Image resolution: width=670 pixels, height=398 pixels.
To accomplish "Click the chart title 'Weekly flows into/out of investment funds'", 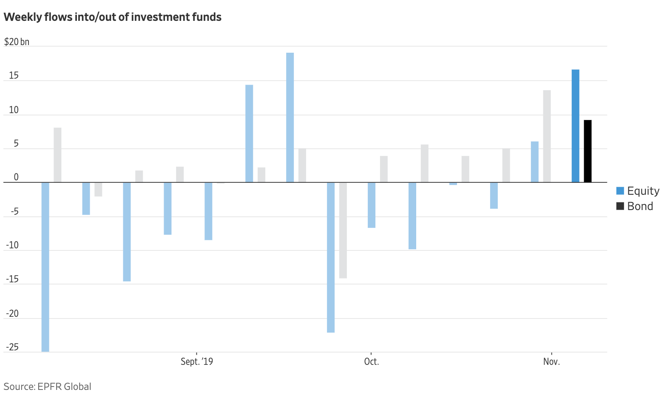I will (113, 17).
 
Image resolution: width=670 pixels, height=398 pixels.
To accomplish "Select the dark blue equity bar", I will (575, 126).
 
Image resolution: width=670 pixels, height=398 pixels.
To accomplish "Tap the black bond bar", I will (588, 151).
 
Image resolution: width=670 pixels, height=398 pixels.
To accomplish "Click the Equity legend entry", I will (638, 191).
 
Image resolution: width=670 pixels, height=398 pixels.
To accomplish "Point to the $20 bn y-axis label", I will (17, 42).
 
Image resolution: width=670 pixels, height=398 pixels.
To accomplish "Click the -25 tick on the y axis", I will (12, 347).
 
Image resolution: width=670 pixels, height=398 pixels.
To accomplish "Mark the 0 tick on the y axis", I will (16, 177).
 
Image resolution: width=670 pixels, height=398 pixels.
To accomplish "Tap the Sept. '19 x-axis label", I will (197, 362).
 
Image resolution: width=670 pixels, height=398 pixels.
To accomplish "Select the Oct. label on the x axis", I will (371, 362).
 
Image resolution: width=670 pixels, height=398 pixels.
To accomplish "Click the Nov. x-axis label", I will (551, 362).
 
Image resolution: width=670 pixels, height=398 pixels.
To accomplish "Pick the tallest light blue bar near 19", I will (290, 117).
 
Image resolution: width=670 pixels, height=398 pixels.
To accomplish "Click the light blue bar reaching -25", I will (45, 267).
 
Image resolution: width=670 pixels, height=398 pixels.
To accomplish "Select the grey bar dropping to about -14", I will (343, 230).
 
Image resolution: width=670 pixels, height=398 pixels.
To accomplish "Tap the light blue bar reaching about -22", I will (331, 257).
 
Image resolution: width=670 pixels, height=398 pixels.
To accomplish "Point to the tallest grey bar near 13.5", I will (547, 136).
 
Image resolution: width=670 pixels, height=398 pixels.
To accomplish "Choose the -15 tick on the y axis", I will (12, 279).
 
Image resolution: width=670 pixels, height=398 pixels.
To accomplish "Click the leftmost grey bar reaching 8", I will (57, 155).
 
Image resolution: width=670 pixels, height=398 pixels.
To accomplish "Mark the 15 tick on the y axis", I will (14, 76).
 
